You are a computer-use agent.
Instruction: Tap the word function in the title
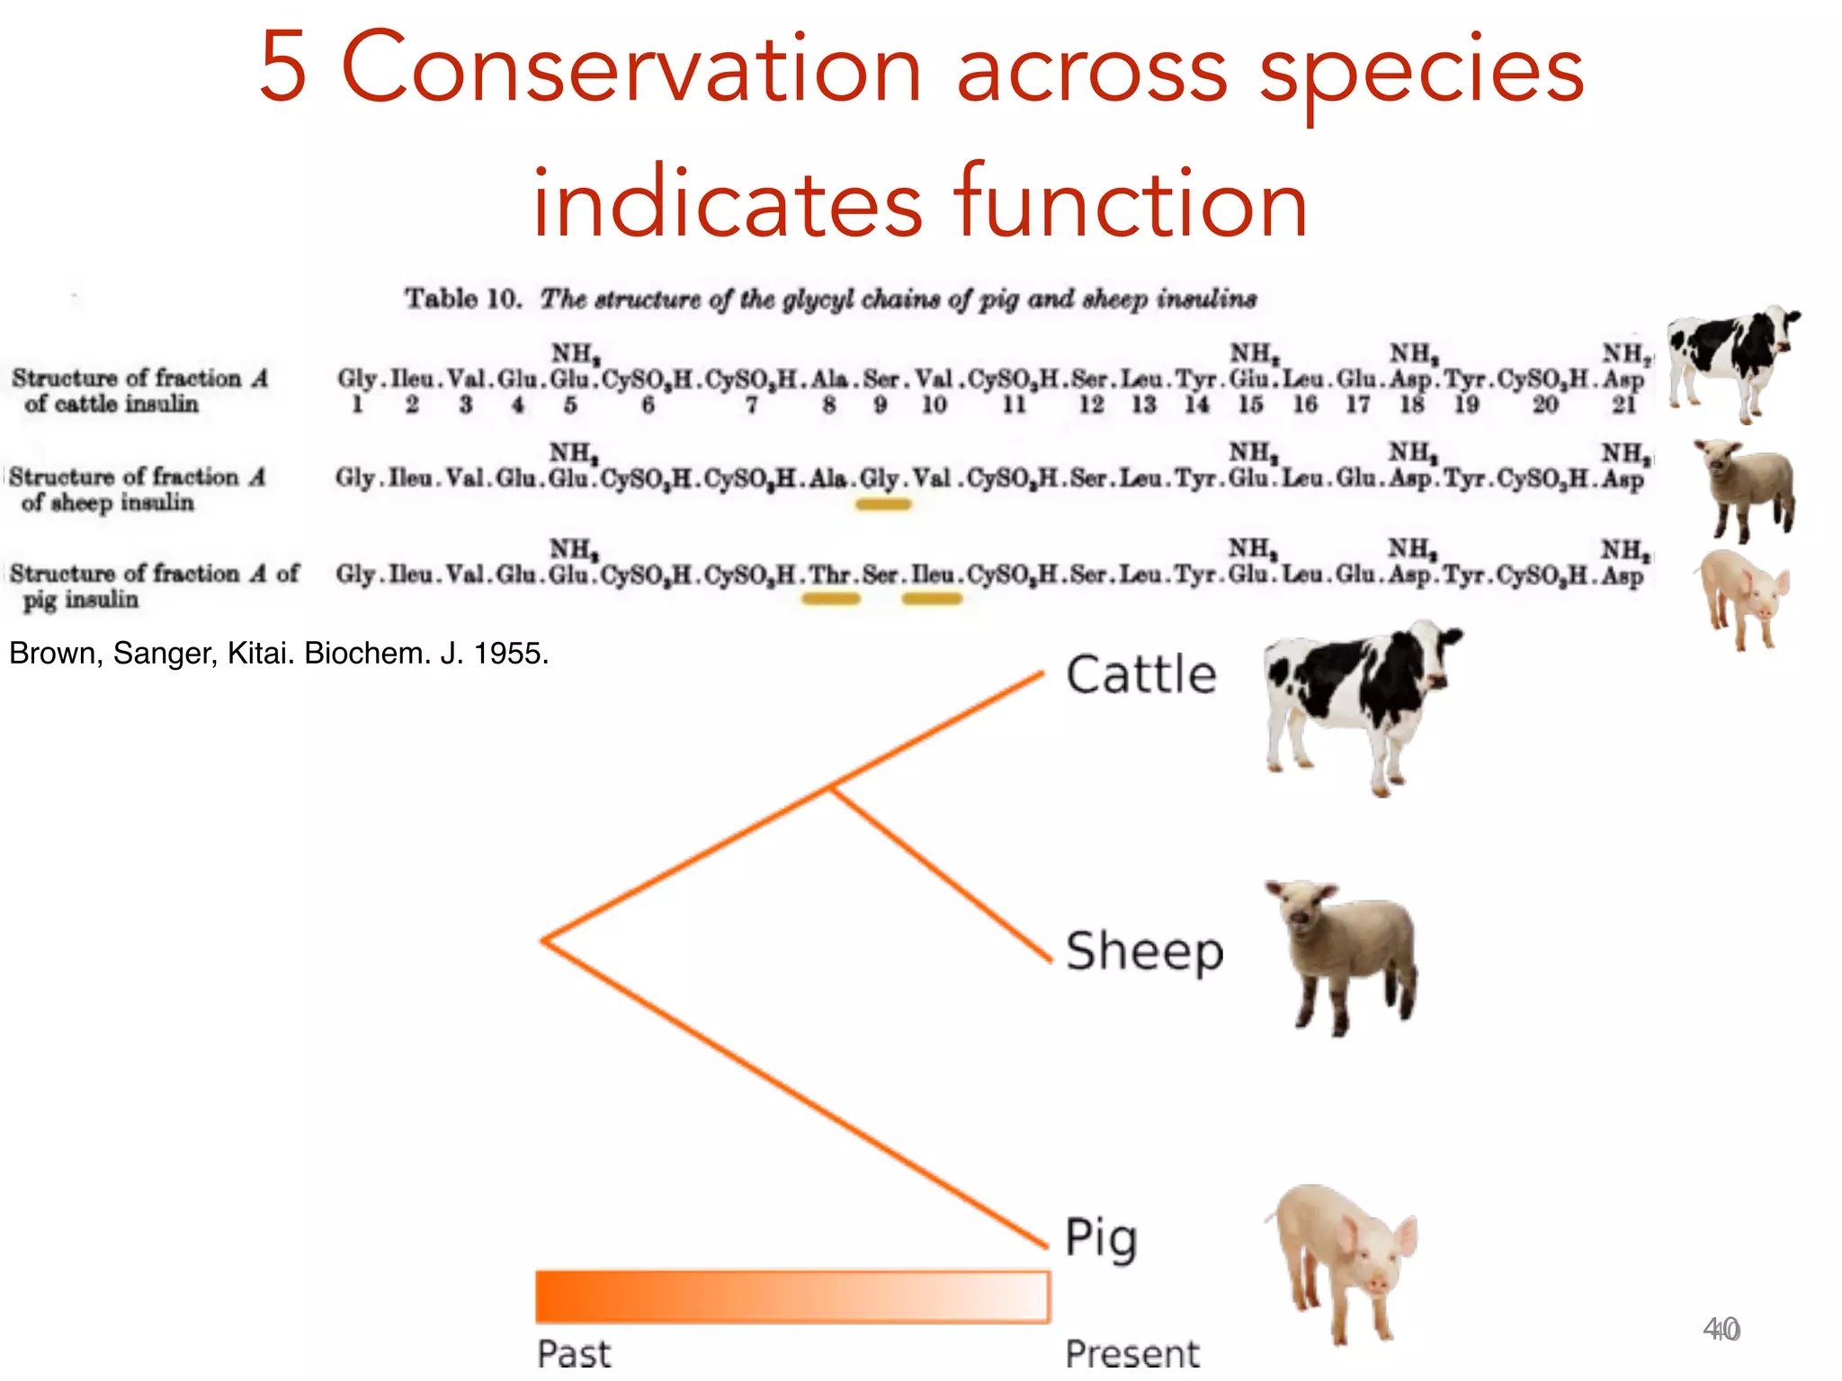[x=1130, y=203]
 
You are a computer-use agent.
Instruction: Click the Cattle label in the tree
[x=1140, y=675]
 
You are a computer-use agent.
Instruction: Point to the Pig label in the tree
[x=1101, y=1239]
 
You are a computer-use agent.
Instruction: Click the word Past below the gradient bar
[x=574, y=1353]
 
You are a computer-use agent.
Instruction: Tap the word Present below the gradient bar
[x=1131, y=1353]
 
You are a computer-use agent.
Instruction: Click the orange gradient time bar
[x=791, y=1296]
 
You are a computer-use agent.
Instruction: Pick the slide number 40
[x=1721, y=1329]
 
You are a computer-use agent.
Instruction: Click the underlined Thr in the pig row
[x=829, y=575]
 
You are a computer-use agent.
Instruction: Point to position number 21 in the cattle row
[x=1623, y=405]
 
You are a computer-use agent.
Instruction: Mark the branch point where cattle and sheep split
[x=830, y=789]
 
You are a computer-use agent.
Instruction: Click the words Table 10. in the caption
[x=462, y=298]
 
